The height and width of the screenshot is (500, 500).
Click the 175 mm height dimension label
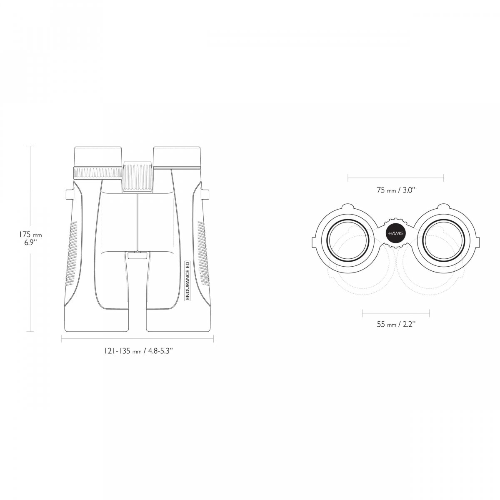30,238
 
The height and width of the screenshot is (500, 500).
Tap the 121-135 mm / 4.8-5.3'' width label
139,351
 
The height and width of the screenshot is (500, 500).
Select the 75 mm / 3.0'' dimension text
396,190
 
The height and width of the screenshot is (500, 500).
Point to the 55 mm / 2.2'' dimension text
396,324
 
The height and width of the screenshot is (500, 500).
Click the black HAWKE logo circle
395,233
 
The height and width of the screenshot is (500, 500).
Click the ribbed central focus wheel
137,177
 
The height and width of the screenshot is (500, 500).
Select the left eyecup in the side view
98,157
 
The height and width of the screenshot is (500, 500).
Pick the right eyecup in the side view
177,157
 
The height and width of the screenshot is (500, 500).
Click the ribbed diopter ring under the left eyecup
98,173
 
